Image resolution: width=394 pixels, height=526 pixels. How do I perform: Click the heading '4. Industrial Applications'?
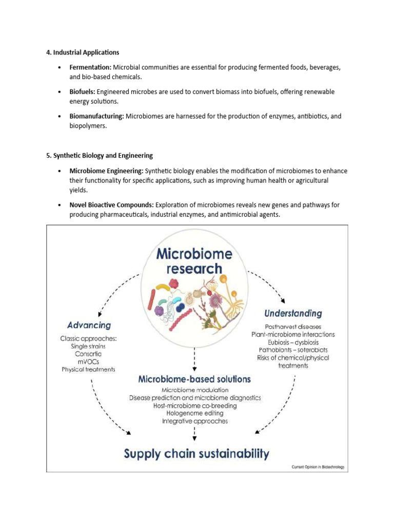83,52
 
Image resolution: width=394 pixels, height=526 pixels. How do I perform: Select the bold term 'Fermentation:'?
90,67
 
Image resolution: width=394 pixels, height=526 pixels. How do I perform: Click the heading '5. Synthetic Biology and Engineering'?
100,155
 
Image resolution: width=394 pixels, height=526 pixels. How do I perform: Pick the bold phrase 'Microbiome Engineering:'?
107,170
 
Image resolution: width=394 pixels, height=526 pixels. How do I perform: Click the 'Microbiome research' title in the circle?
194,261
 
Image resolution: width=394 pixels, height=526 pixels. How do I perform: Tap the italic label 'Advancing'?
89,325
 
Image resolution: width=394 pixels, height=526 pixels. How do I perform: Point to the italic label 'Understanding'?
293,313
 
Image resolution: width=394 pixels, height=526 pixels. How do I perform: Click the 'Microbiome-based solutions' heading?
194,379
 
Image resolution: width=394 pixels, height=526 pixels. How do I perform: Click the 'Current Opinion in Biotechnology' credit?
317,467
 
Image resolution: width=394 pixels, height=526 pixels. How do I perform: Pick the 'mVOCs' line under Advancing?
88,362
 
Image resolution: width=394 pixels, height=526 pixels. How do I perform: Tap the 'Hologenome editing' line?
194,413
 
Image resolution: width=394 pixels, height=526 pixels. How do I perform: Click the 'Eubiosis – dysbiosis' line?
293,342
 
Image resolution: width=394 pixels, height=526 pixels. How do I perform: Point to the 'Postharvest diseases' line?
293,327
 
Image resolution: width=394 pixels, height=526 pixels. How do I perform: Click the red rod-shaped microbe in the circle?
152,299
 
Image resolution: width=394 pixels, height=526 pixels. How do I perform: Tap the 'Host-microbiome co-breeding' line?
194,405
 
